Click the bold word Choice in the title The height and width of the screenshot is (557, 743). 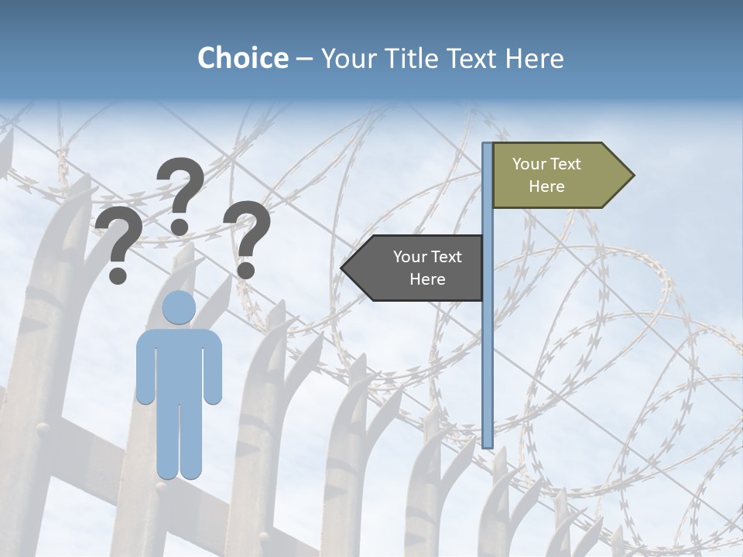click(242, 58)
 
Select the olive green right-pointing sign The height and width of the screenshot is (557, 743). click(553, 175)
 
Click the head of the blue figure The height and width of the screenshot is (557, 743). click(179, 308)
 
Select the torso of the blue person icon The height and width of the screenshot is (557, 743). click(179, 364)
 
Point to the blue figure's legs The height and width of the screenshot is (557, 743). click(179, 441)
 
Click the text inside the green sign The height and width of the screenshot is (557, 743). click(546, 175)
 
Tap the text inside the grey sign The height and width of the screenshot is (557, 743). click(427, 268)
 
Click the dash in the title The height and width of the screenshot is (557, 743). click(304, 59)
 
